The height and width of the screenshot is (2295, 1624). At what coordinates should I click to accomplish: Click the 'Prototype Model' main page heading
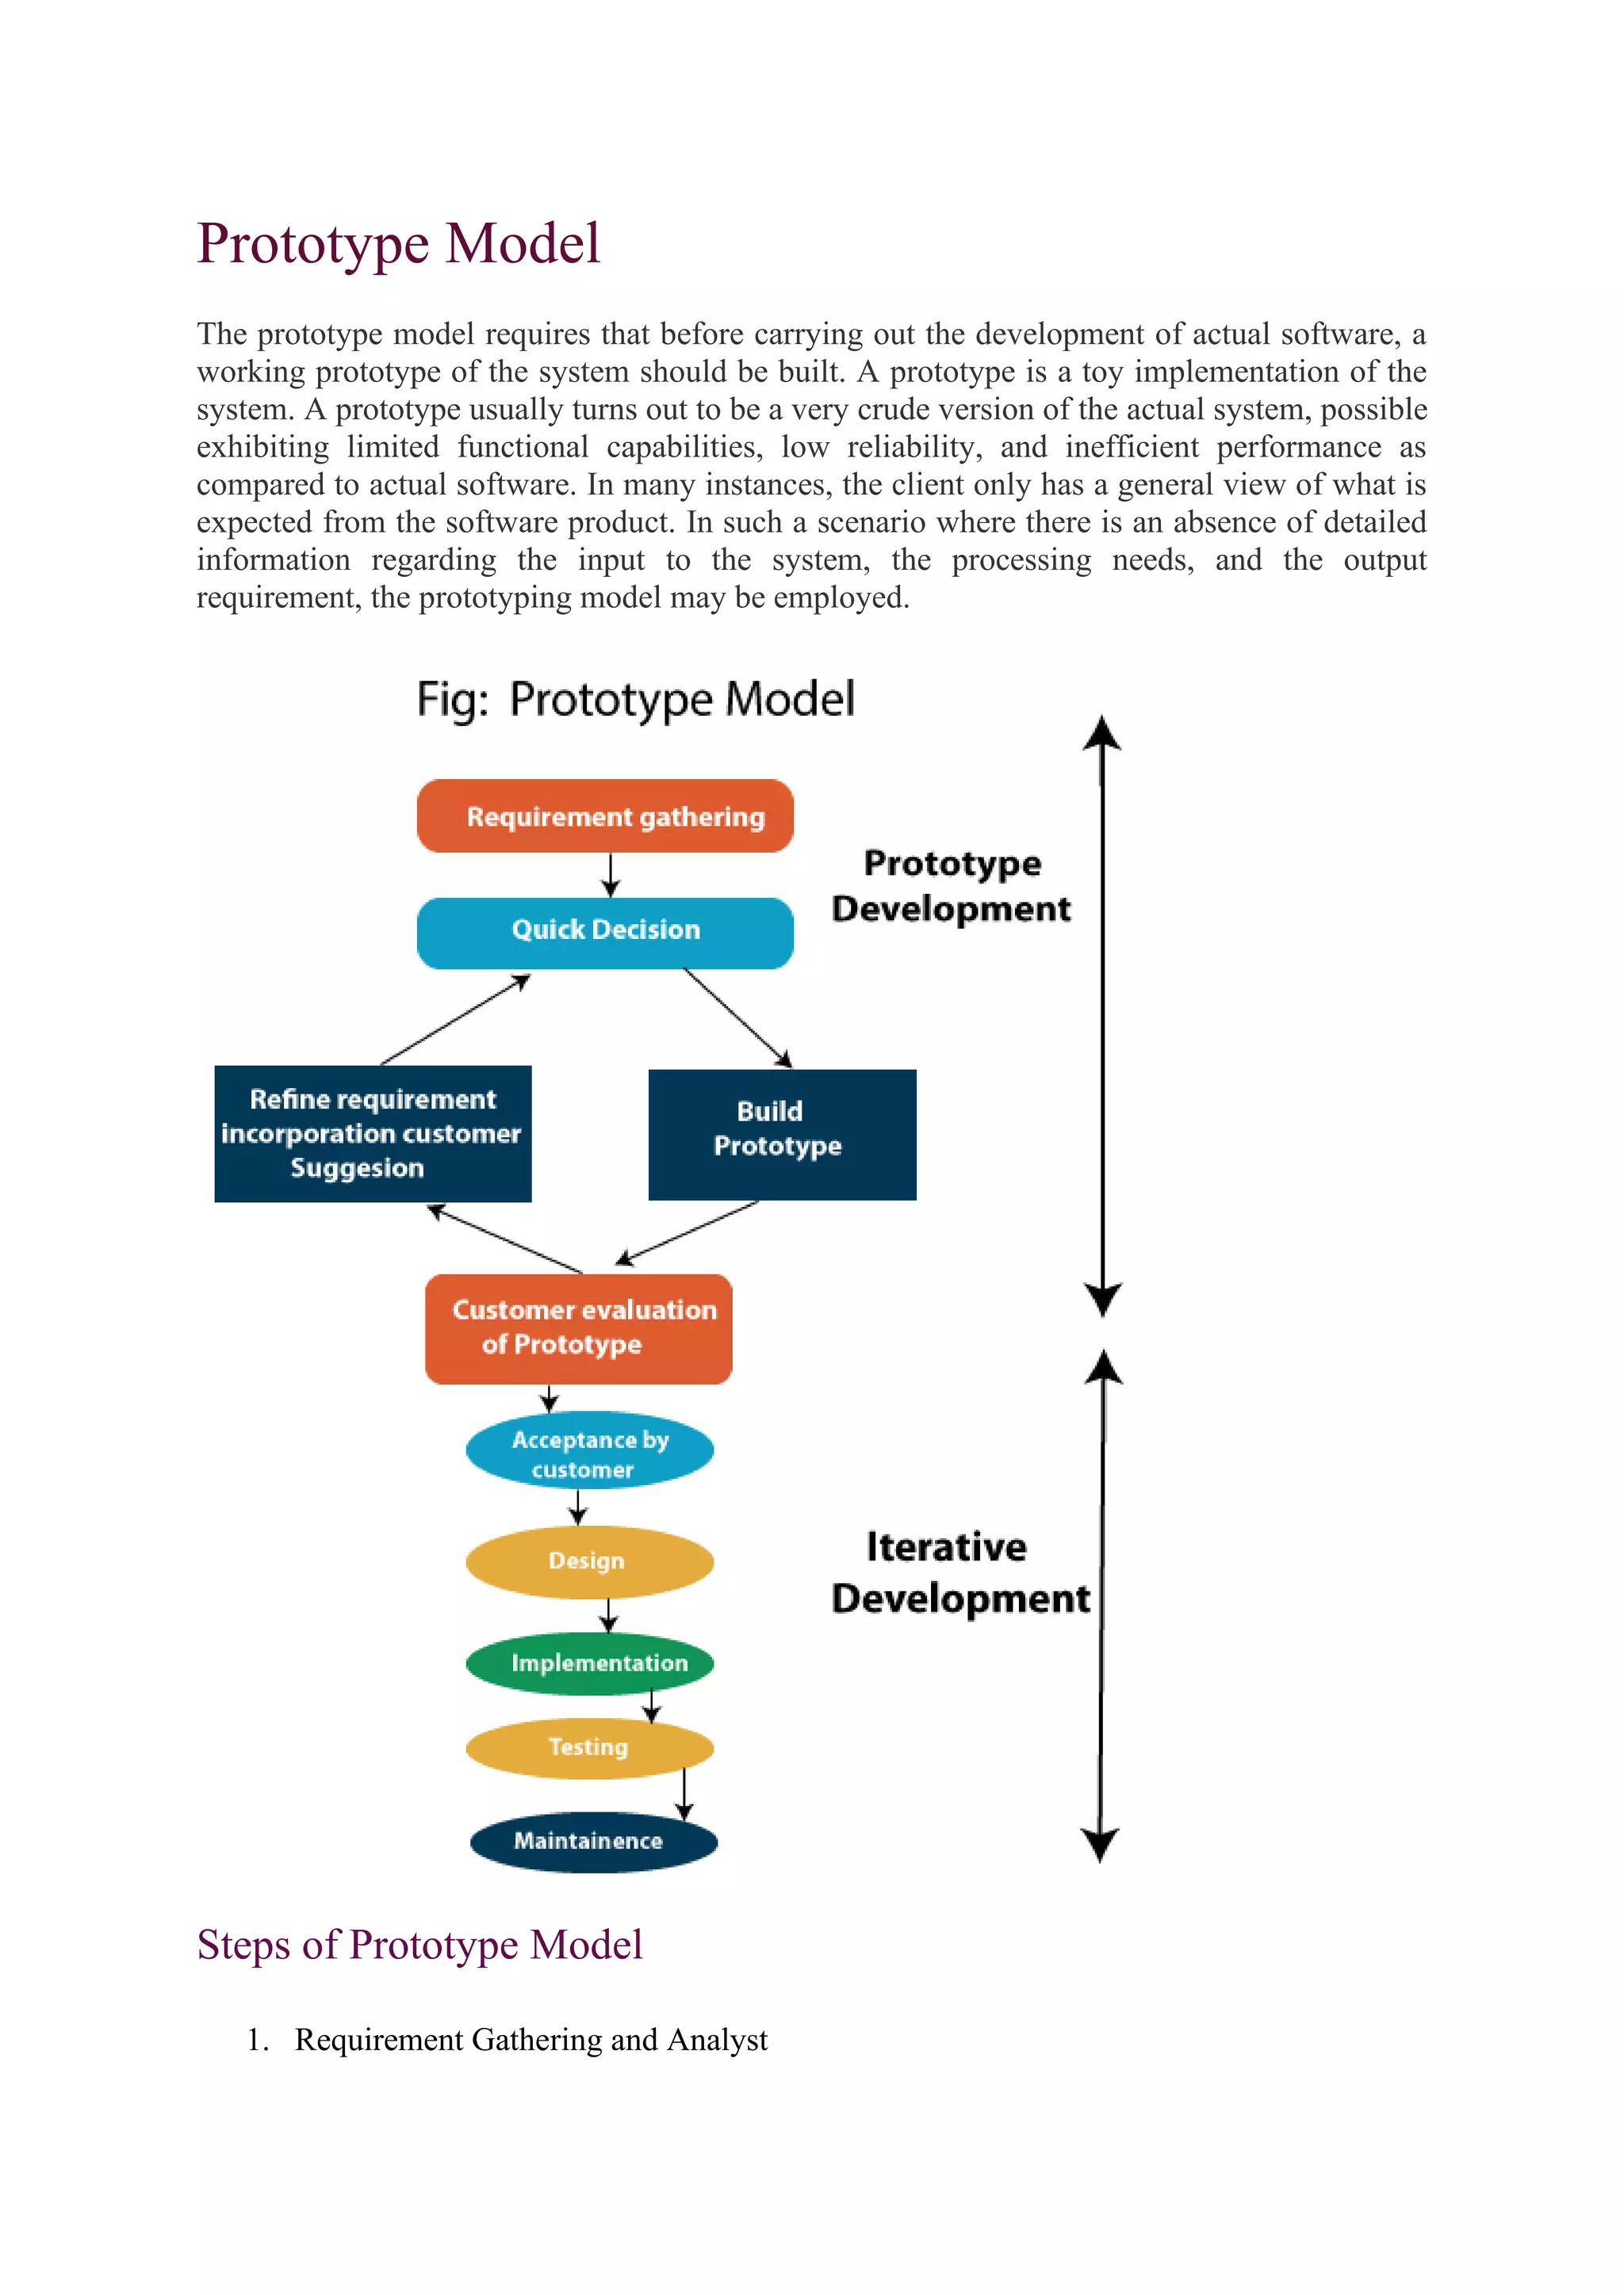(398, 244)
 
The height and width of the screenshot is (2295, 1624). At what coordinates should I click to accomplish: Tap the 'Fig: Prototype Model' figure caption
(635, 699)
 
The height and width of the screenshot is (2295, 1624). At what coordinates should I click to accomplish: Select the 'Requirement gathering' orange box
(605, 817)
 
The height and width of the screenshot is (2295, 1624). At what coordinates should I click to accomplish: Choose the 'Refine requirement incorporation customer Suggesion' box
(372, 1133)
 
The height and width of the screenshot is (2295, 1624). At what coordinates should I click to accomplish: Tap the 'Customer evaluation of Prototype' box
(579, 1327)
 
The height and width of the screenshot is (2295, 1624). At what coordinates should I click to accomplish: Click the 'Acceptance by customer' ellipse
(589, 1453)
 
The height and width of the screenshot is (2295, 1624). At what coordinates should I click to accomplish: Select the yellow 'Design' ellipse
(589, 1560)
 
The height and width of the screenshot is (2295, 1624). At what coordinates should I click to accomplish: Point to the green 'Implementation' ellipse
(590, 1663)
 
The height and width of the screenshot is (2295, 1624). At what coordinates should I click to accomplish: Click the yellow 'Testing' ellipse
(589, 1747)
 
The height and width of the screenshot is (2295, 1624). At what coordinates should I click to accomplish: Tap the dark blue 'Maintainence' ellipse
(593, 1840)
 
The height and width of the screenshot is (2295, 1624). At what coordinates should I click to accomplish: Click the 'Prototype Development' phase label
(951, 886)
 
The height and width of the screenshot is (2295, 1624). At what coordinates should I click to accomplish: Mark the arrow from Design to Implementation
(608, 1613)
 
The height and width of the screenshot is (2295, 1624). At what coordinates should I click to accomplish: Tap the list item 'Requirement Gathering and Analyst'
(530, 2039)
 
